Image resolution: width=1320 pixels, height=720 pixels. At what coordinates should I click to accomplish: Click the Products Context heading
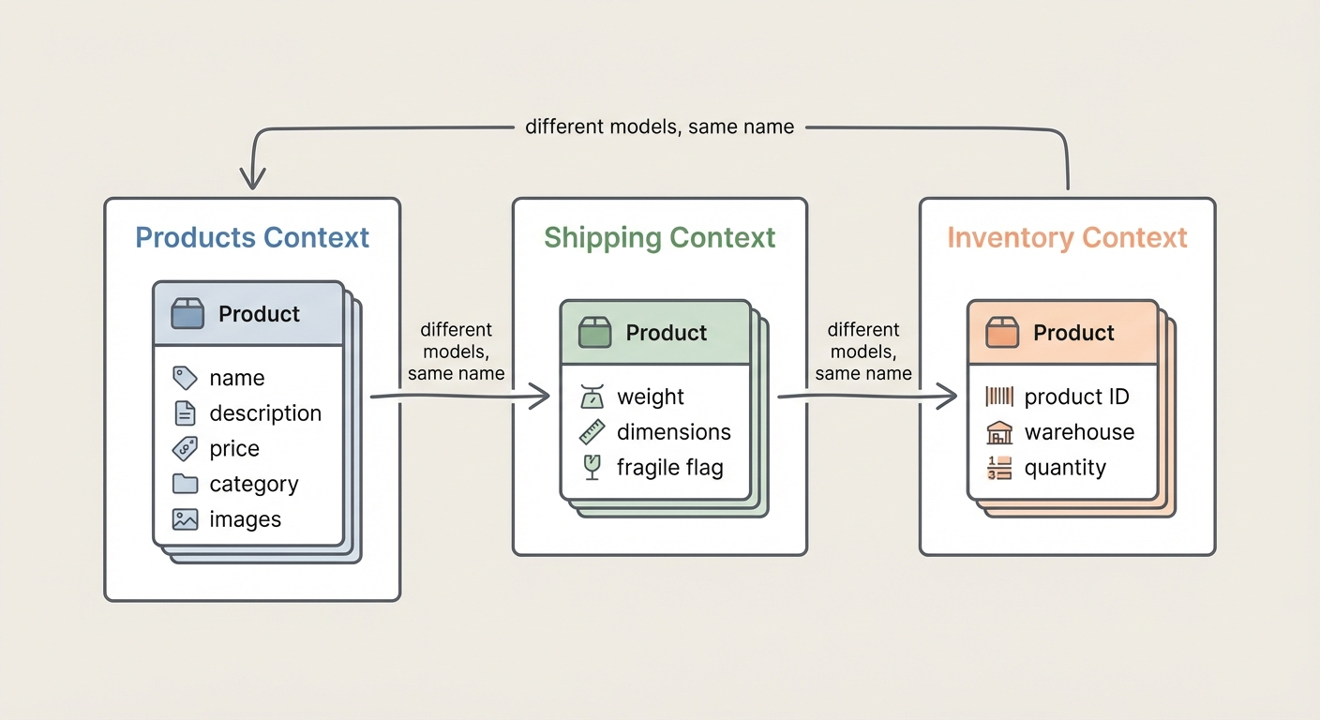252,237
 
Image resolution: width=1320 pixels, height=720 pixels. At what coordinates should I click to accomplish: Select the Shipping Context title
660,237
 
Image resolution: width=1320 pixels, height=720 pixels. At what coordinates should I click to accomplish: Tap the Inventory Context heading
1067,237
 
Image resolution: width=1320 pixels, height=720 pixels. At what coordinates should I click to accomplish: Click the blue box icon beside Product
187,313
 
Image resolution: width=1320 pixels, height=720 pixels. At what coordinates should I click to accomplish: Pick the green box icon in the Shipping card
594,332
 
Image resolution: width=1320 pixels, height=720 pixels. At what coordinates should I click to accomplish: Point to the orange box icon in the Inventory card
1002,332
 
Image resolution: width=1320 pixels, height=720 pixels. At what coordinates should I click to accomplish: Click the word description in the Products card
265,413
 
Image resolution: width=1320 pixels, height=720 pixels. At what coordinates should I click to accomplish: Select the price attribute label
234,449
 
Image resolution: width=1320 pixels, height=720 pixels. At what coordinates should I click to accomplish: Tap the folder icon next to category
186,485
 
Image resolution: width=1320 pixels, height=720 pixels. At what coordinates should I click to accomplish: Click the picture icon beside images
186,519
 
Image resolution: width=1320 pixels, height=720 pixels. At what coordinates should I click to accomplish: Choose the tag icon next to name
186,378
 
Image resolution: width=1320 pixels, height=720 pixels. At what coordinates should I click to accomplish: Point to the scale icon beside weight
592,397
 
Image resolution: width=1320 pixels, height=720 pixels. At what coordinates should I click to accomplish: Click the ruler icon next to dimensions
592,432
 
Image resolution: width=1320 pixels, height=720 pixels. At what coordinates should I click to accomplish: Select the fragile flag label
669,468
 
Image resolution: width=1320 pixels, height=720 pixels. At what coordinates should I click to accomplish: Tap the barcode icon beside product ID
999,397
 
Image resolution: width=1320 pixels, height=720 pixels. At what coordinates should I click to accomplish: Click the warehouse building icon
999,432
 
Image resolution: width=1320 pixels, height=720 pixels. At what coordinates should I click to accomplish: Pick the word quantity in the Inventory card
1065,468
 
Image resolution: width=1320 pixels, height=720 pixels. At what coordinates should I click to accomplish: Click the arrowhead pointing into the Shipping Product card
540,397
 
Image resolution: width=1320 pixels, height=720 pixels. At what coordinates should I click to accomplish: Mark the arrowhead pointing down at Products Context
253,178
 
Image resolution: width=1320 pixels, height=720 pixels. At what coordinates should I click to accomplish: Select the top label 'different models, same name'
660,127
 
